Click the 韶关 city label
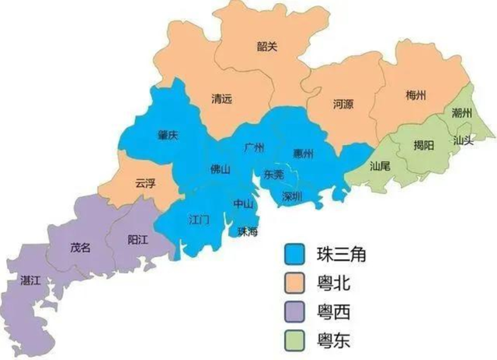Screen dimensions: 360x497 click(x=267, y=47)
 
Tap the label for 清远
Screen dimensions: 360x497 click(x=222, y=99)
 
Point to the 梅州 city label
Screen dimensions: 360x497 click(x=416, y=96)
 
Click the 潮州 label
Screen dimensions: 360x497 click(x=462, y=113)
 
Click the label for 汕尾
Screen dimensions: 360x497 click(x=380, y=166)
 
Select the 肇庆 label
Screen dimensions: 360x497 click(x=168, y=135)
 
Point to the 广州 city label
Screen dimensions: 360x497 click(x=254, y=147)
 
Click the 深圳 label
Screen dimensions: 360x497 click(x=293, y=195)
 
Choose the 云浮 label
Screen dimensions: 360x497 click(x=145, y=184)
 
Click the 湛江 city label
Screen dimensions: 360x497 click(x=30, y=282)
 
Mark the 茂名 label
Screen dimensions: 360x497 click(x=81, y=247)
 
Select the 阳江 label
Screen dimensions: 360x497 click(x=137, y=241)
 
